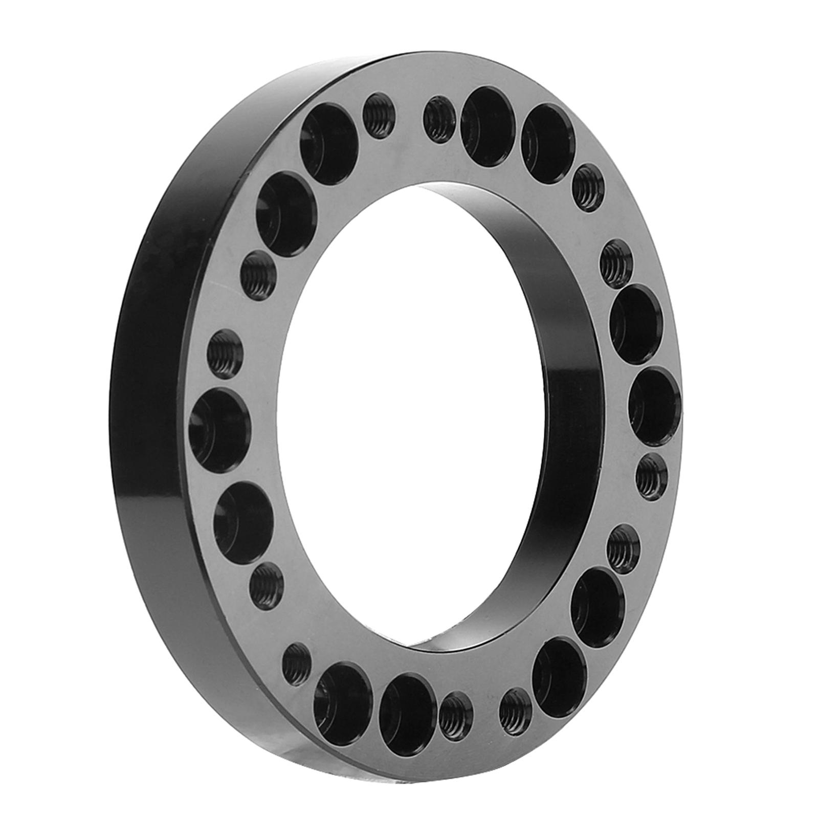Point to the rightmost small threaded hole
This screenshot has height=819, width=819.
(652, 477)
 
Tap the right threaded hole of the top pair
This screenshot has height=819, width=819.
(438, 119)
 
